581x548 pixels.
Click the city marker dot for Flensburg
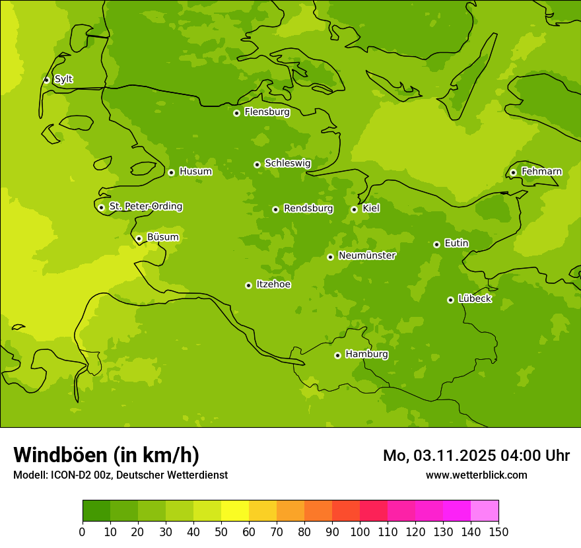pyautogui.click(x=236, y=113)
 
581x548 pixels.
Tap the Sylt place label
pyautogui.click(x=63, y=79)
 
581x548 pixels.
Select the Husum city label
pyautogui.click(x=195, y=172)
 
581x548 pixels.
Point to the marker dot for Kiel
pyautogui.click(x=354, y=209)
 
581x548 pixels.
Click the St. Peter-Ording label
pyautogui.click(x=145, y=207)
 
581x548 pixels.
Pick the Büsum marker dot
pyautogui.click(x=139, y=238)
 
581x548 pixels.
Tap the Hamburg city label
pyautogui.click(x=366, y=355)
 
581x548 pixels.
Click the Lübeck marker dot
pyautogui.click(x=450, y=300)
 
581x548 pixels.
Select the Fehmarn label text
pyautogui.click(x=541, y=172)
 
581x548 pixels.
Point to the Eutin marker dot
pyautogui.click(x=436, y=244)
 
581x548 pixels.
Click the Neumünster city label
pyautogui.click(x=366, y=256)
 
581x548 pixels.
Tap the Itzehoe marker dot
pyautogui.click(x=248, y=285)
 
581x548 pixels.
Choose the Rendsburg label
pyautogui.click(x=308, y=209)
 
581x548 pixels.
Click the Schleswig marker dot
pyautogui.click(x=257, y=164)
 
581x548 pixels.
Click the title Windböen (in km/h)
pyautogui.click(x=106, y=455)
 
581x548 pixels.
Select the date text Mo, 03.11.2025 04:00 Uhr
pyautogui.click(x=476, y=456)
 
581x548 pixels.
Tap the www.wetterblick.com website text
pyautogui.click(x=476, y=475)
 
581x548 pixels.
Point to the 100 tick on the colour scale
pyautogui.click(x=360, y=531)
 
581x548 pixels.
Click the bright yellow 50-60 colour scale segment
pyautogui.click(x=235, y=510)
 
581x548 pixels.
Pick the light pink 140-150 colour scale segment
pyautogui.click(x=485, y=510)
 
